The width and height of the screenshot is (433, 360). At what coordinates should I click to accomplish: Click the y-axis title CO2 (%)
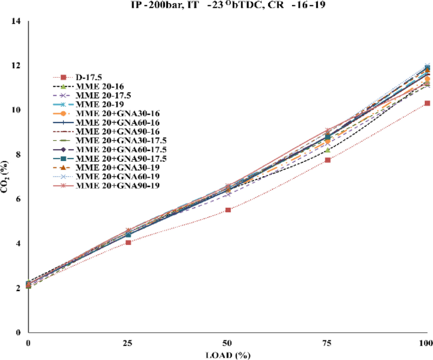pos(8,177)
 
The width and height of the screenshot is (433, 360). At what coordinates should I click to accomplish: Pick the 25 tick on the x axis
pos(128,342)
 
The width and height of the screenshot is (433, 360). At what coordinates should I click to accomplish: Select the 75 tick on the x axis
pos(327,342)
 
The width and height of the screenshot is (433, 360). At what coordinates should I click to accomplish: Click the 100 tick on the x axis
pos(425,342)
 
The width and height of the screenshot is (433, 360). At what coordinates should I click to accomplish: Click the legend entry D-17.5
pos(88,77)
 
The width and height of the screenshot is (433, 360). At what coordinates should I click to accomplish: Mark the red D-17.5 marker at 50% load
pos(228,210)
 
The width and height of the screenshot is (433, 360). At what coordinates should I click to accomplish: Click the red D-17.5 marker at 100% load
pos(427,103)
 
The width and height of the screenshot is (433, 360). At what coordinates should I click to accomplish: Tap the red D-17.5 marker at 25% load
pos(128,242)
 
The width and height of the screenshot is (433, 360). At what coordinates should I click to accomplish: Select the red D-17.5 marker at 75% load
pos(327,160)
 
